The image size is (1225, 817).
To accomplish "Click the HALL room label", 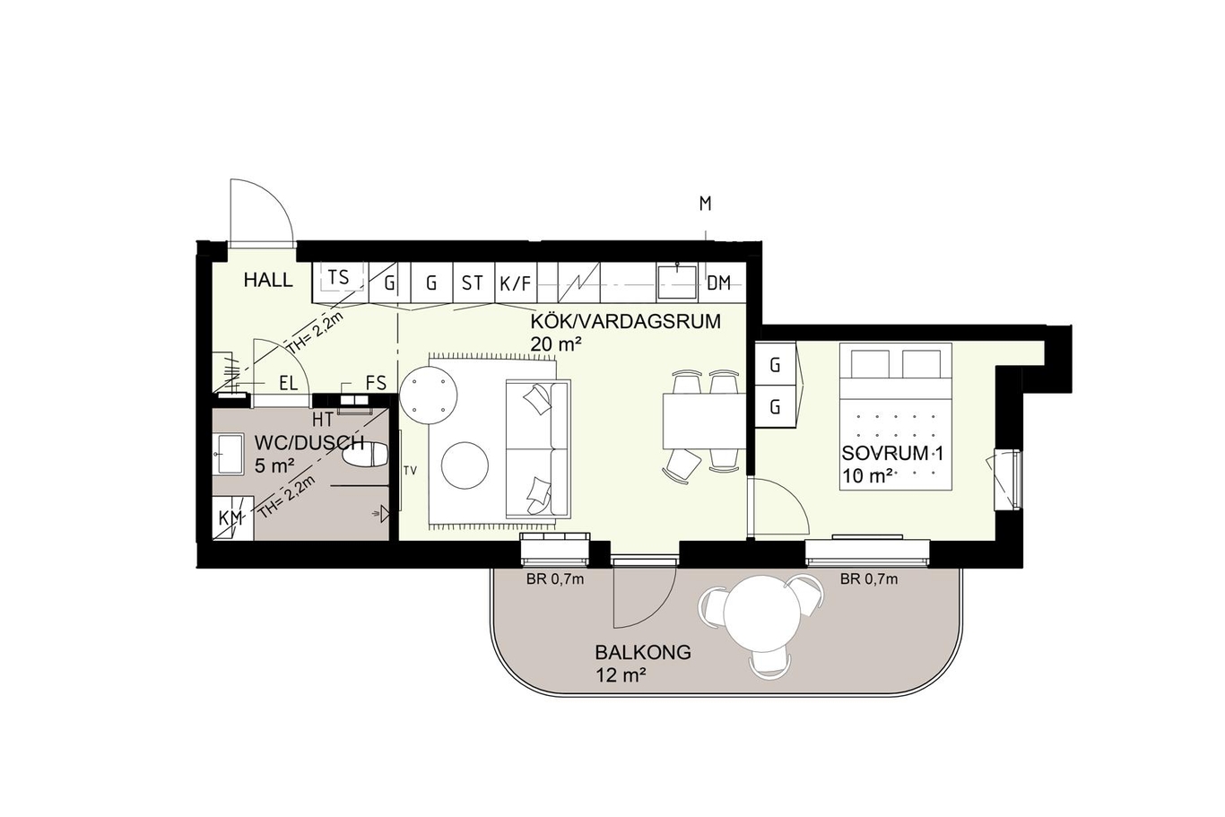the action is pyautogui.click(x=268, y=280).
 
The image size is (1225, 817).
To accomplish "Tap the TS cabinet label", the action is pyautogui.click(x=338, y=277).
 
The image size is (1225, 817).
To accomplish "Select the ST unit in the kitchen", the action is pyautogui.click(x=473, y=282).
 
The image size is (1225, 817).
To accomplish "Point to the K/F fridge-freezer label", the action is pyautogui.click(x=515, y=283).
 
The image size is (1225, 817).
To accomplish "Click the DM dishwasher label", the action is pyautogui.click(x=718, y=282).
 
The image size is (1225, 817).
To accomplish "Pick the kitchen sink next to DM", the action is pyautogui.click(x=677, y=282).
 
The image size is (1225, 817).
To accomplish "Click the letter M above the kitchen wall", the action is pyautogui.click(x=706, y=204).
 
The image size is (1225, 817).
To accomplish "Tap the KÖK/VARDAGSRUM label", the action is pyautogui.click(x=626, y=322).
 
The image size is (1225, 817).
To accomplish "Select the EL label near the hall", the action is pyautogui.click(x=288, y=383).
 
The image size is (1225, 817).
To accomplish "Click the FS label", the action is pyautogui.click(x=377, y=383).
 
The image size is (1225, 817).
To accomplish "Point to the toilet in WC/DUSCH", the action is pyautogui.click(x=365, y=455).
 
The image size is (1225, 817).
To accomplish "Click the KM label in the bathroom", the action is pyautogui.click(x=230, y=517).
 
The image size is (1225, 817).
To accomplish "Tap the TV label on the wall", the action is pyautogui.click(x=410, y=470).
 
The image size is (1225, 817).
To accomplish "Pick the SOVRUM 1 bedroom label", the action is pyautogui.click(x=892, y=454).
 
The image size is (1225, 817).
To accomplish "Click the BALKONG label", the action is pyautogui.click(x=643, y=652).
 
